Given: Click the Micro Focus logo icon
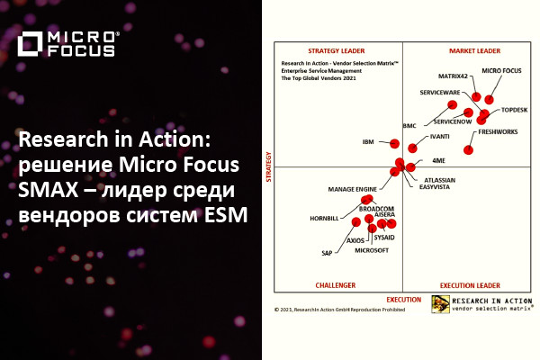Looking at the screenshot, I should tap(30, 43).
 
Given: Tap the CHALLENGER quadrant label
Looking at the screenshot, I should tap(335, 285).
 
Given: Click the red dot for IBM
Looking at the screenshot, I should tap(393, 142).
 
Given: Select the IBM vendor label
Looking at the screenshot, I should tap(368, 142).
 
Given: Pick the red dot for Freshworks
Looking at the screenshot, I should tap(469, 148).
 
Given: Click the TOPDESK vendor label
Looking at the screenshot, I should tap(514, 108).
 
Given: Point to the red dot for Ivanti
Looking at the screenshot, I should tap(413, 148).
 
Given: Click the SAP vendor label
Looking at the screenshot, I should tap(328, 253).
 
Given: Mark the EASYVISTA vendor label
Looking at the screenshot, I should tap(435, 188).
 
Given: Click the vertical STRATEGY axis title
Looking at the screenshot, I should tap(268, 167).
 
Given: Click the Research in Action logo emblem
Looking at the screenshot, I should tap(440, 303).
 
